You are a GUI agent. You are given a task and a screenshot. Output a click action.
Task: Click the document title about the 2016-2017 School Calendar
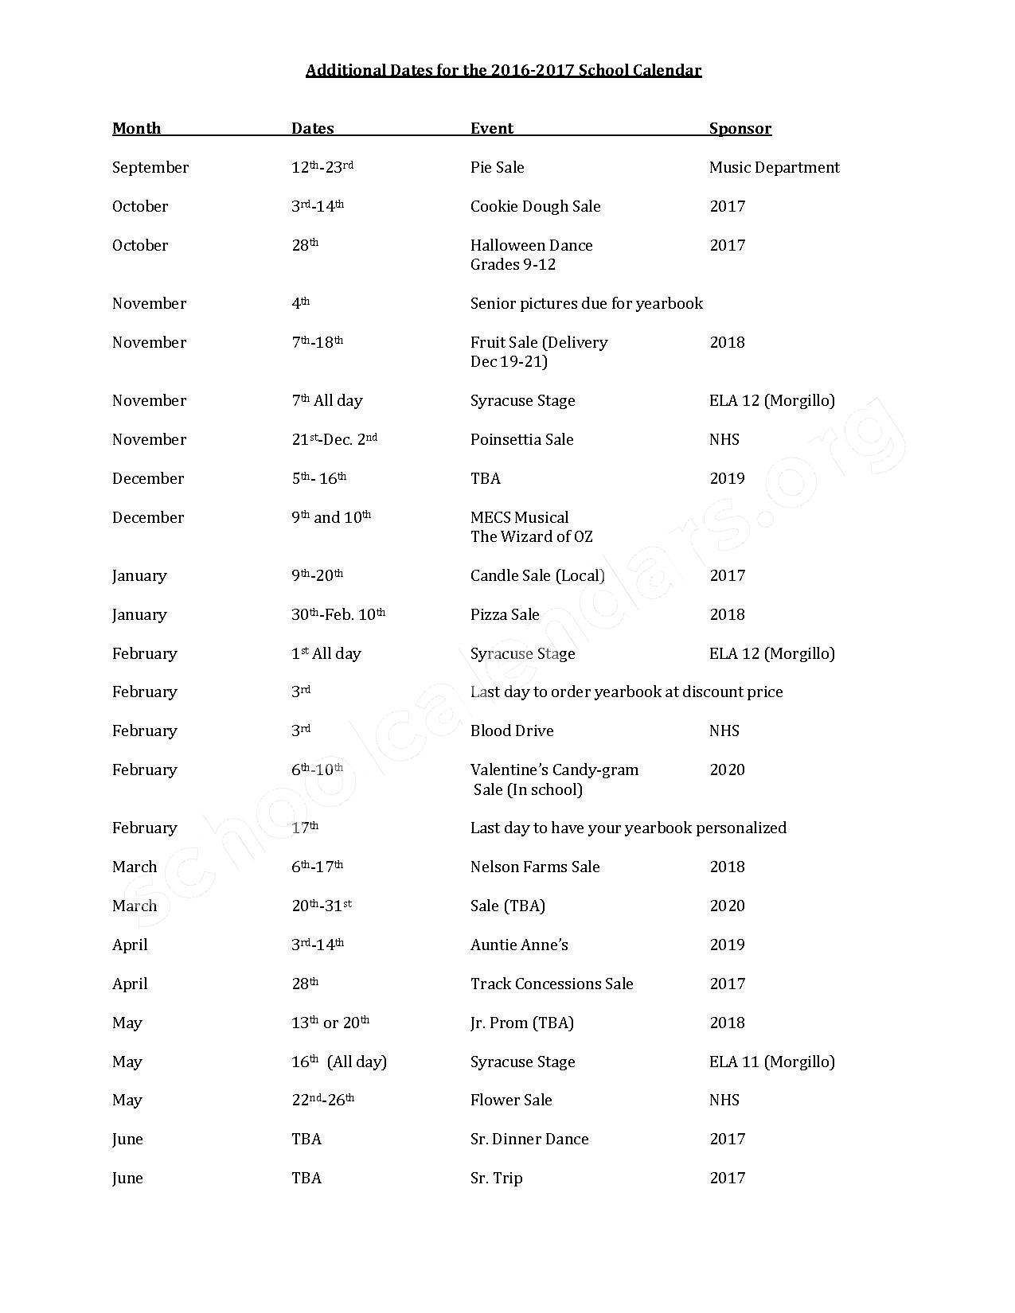pyautogui.click(x=503, y=71)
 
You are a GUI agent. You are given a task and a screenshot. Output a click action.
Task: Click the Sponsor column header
pyautogui.click(x=740, y=129)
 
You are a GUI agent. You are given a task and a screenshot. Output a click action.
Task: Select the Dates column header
pyautogui.click(x=312, y=129)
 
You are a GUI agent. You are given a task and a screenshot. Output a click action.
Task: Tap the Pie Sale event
pyautogui.click(x=497, y=168)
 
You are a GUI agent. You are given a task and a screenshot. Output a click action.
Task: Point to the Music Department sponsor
pyautogui.click(x=774, y=168)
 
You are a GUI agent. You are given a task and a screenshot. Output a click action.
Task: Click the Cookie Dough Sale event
pyautogui.click(x=535, y=207)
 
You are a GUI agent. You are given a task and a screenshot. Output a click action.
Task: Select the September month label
pyautogui.click(x=150, y=168)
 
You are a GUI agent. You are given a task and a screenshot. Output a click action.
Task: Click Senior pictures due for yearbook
pyautogui.click(x=586, y=304)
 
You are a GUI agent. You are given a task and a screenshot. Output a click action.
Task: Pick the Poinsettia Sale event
pyautogui.click(x=521, y=440)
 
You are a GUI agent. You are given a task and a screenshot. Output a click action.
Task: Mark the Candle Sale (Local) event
pyautogui.click(x=537, y=576)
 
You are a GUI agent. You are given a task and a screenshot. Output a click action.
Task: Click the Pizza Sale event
pyautogui.click(x=505, y=615)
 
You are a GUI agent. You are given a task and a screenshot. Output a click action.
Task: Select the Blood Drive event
pyautogui.click(x=512, y=731)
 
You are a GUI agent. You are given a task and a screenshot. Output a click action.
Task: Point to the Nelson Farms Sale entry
pyautogui.click(x=535, y=867)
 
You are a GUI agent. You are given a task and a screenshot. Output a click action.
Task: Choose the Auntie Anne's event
pyautogui.click(x=519, y=945)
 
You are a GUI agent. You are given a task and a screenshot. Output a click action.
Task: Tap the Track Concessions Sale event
pyautogui.click(x=552, y=984)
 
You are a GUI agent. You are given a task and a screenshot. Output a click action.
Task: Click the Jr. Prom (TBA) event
pyautogui.click(x=521, y=1023)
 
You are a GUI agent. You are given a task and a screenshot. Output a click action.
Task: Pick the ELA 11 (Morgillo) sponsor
pyautogui.click(x=771, y=1062)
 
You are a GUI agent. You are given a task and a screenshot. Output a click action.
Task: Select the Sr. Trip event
pyautogui.click(x=496, y=1179)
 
